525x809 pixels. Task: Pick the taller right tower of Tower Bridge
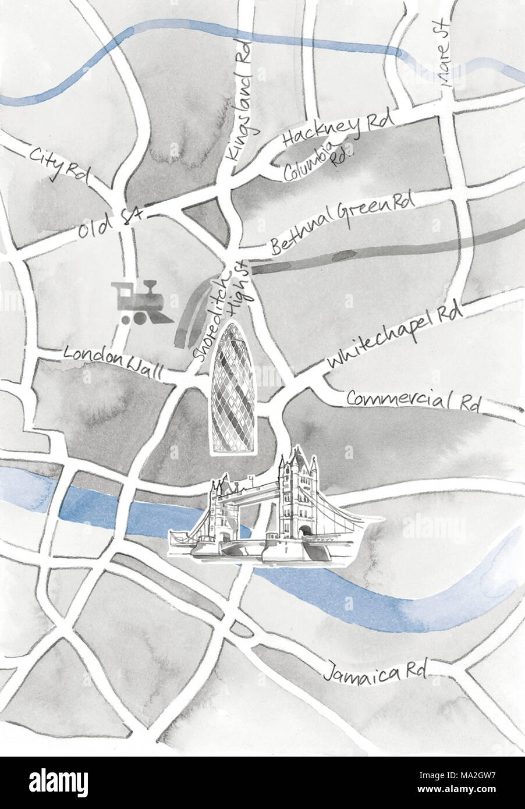pyautogui.click(x=297, y=495)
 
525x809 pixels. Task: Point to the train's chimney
pyautogui.click(x=151, y=287)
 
